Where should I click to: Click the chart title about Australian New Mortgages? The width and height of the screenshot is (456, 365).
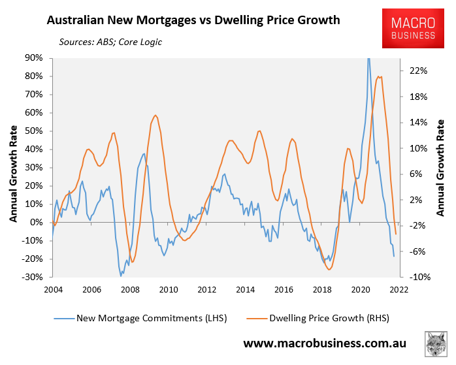[x=193, y=20]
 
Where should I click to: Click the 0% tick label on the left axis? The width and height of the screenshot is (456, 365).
[x=37, y=222]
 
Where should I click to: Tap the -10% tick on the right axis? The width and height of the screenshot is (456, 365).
[x=419, y=277]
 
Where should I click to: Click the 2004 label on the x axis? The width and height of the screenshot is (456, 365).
[x=53, y=289]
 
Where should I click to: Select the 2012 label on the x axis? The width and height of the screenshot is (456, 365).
[x=207, y=289]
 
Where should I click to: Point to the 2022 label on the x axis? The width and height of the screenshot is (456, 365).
[x=399, y=289]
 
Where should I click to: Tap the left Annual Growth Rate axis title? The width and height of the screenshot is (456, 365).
[x=13, y=167]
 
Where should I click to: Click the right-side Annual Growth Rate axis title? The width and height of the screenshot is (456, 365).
[x=441, y=167]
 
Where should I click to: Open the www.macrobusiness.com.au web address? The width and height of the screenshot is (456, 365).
[x=325, y=343]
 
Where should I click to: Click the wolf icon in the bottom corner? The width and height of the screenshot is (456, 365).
[x=436, y=344]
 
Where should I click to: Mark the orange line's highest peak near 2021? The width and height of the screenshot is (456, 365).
[x=381, y=76]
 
